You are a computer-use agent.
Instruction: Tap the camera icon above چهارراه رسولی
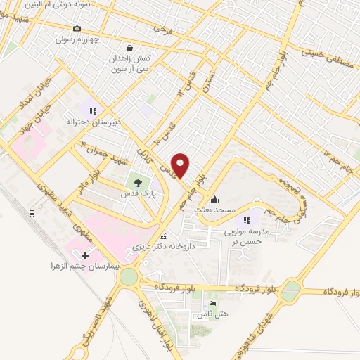click(x=77, y=29)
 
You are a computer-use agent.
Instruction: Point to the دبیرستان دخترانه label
click(x=94, y=121)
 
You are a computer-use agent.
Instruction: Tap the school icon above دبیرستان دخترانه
click(x=92, y=110)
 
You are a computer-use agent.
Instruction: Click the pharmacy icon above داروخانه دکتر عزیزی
click(x=164, y=236)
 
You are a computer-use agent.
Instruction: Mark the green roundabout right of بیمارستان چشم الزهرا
click(x=129, y=276)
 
